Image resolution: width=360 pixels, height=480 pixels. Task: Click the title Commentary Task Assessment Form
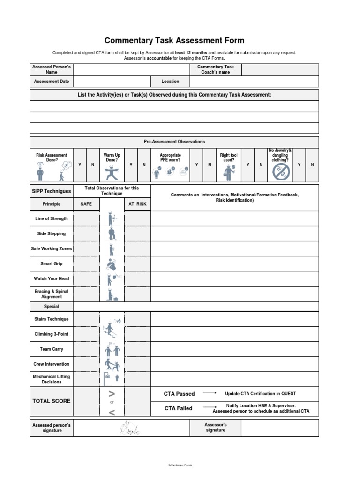tap(174, 41)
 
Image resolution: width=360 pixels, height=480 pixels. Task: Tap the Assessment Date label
tap(52, 82)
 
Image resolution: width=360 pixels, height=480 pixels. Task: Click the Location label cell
tap(170, 82)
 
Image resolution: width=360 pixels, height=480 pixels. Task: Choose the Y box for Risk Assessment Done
tap(80, 165)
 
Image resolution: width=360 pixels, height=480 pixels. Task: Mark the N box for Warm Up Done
tap(144, 165)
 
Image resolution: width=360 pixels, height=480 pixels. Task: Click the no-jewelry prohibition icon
tap(281, 172)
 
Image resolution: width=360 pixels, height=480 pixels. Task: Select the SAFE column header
tap(86, 204)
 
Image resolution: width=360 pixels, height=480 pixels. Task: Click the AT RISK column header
tap(138, 204)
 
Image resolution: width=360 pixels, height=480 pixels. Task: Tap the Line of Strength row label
tap(52, 219)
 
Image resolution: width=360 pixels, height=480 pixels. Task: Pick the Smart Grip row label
tap(52, 264)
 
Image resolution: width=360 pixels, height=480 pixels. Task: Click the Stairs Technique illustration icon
tap(112, 326)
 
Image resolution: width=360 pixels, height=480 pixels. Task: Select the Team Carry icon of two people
tap(112, 349)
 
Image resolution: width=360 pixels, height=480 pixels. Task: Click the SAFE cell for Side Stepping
tap(86, 234)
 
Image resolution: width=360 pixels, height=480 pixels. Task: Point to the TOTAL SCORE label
tap(52, 401)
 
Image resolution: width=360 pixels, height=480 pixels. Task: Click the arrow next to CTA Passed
tap(210, 393)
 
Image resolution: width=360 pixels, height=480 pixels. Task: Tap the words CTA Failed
tap(178, 409)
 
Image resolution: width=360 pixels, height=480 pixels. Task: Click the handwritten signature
tap(130, 427)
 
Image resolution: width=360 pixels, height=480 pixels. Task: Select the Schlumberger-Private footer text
tap(180, 465)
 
